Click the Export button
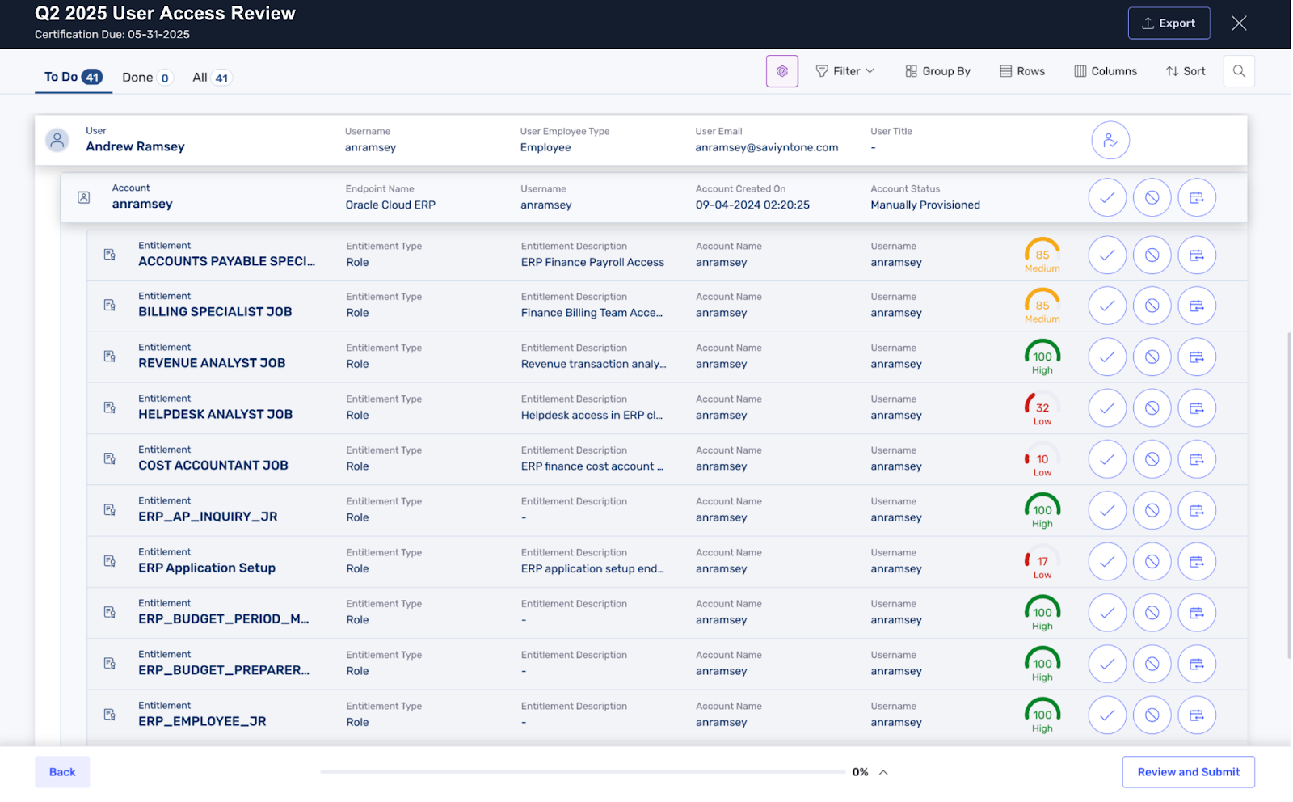[x=1169, y=23]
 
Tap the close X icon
[x=1239, y=23]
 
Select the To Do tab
[x=73, y=77]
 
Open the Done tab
[x=146, y=78]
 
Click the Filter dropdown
[x=845, y=71]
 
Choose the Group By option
[x=937, y=71]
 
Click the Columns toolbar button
[x=1106, y=71]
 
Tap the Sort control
[x=1186, y=71]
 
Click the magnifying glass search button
[x=1239, y=71]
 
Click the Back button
[x=62, y=772]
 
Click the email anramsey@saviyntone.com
[x=766, y=147]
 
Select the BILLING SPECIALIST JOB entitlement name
[x=215, y=312]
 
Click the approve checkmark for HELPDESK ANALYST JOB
[x=1107, y=408]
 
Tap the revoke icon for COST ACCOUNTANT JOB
[x=1152, y=459]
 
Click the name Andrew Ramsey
[x=135, y=146]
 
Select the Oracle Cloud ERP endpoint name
[x=390, y=205]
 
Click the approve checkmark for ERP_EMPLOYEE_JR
[x=1107, y=715]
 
